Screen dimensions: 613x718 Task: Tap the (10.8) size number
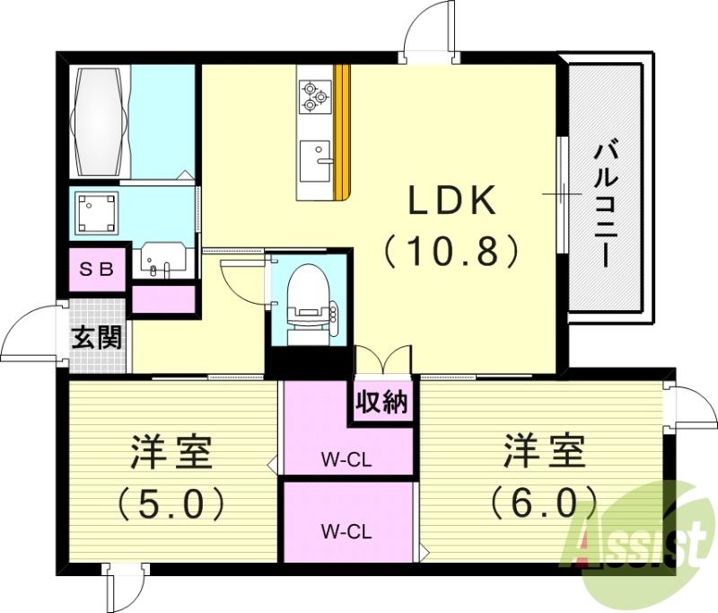452,249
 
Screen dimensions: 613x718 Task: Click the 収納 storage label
382,401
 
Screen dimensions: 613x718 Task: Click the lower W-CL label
347,529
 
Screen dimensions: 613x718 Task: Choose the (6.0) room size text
543,500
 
